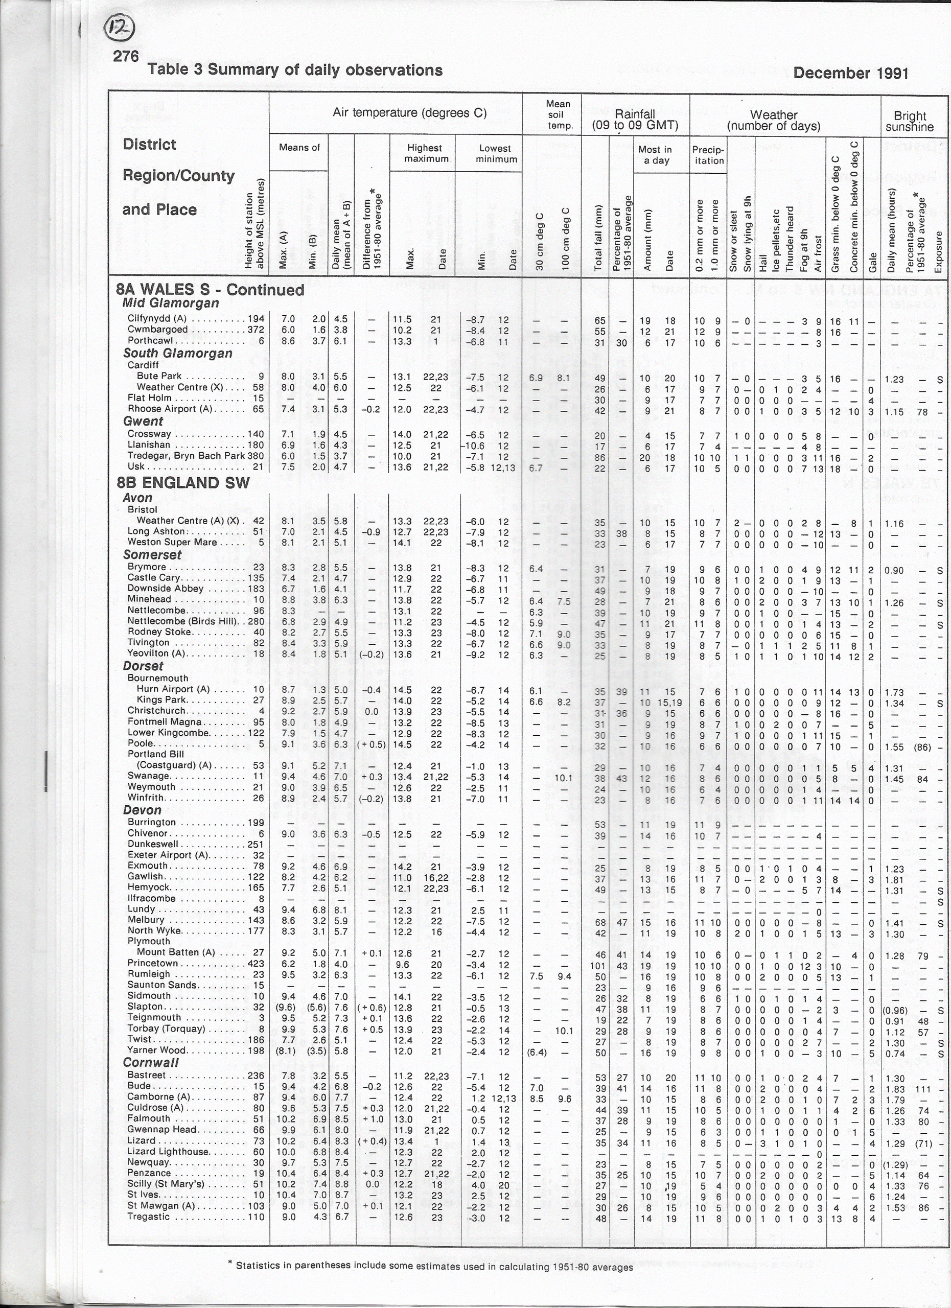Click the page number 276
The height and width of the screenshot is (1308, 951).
pos(126,55)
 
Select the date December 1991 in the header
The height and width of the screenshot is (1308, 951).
pos(851,73)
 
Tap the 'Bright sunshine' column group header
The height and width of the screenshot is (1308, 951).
pos(910,121)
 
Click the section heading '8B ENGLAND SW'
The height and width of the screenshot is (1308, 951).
pos(183,482)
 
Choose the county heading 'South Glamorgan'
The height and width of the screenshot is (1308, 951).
pos(178,353)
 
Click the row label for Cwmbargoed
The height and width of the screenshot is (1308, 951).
pos(158,330)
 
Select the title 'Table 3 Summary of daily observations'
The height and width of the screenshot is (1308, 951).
pos(295,71)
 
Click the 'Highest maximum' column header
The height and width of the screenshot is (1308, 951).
pos(426,152)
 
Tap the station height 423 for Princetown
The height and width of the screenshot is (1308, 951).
pos(256,963)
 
